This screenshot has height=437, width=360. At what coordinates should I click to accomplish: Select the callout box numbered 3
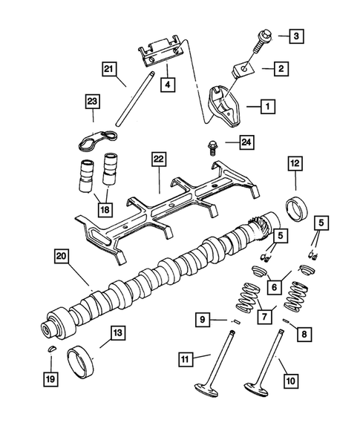pyautogui.click(x=295, y=35)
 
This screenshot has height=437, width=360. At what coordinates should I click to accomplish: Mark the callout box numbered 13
pyautogui.click(x=117, y=333)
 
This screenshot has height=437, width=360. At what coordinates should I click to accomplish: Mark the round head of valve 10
pyautogui.click(x=258, y=390)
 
